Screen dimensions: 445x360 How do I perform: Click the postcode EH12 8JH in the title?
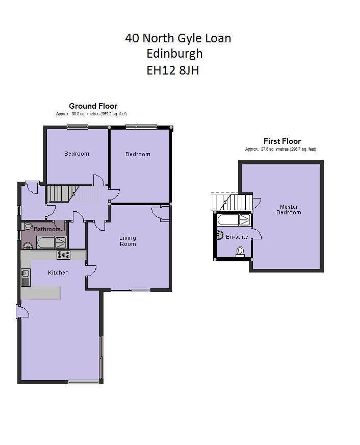(x=172, y=70)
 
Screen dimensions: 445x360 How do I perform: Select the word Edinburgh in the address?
(x=174, y=54)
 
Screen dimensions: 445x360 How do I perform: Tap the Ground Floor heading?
(x=93, y=106)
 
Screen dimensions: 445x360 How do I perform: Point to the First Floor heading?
(x=282, y=141)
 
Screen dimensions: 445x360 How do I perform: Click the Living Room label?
(x=127, y=241)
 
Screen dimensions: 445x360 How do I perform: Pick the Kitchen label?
(x=58, y=273)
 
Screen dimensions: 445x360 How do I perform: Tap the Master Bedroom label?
(x=289, y=209)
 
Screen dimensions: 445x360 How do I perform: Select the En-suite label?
(x=237, y=237)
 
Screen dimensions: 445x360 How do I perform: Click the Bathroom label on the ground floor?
(x=47, y=229)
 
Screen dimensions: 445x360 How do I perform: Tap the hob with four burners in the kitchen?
(x=64, y=255)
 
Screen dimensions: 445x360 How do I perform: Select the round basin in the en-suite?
(x=220, y=235)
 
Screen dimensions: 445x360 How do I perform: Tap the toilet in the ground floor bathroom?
(x=28, y=226)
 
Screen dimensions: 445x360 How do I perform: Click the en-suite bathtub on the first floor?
(x=234, y=220)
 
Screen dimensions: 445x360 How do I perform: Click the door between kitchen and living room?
(x=90, y=271)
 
